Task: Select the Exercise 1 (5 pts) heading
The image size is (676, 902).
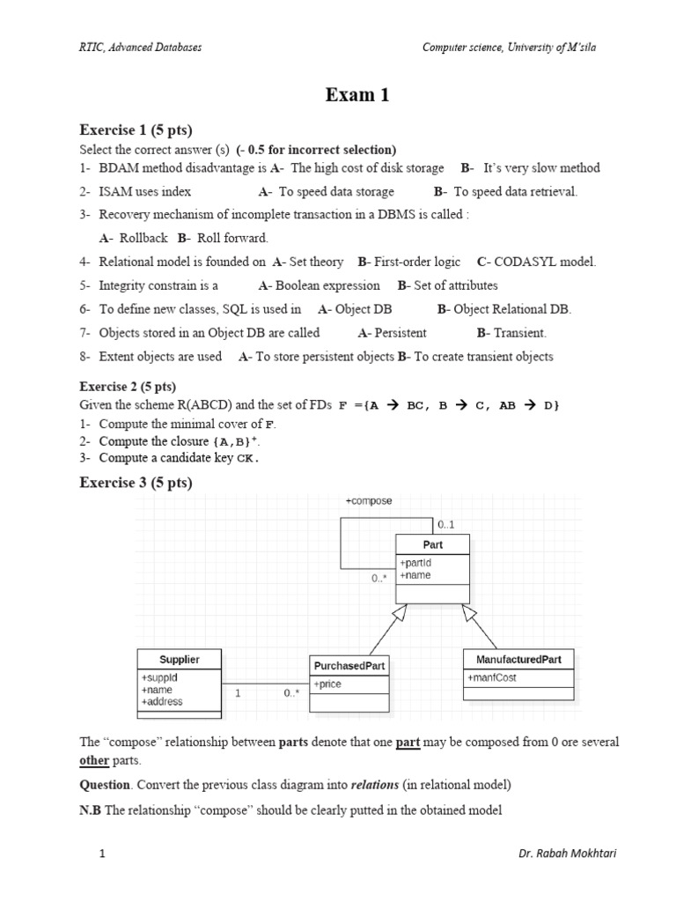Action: [x=136, y=129]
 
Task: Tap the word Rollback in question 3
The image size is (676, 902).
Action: [x=142, y=238]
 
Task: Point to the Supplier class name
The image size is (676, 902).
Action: [x=179, y=659]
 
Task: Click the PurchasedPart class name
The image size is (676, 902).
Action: [x=349, y=666]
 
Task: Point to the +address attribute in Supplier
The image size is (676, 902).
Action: [x=162, y=702]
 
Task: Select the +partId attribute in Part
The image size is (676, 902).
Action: [x=415, y=563]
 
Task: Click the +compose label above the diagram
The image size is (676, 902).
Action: [x=369, y=501]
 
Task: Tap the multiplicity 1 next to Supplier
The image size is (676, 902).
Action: [x=238, y=693]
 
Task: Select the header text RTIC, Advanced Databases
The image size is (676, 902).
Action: [x=141, y=47]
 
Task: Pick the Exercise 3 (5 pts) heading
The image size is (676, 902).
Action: [x=136, y=482]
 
